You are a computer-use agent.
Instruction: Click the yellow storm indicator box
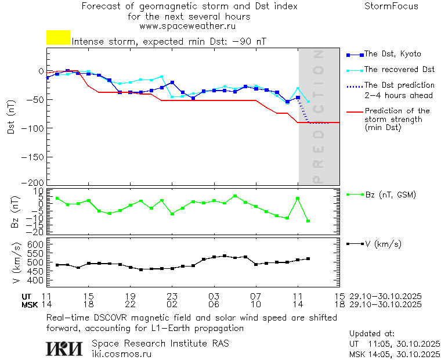click(x=58, y=38)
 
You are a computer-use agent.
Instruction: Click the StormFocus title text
click(x=391, y=6)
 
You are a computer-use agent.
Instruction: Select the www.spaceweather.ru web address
click(x=187, y=26)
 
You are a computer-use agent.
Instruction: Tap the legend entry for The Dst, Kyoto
click(x=392, y=54)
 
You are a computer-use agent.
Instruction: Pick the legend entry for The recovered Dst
click(x=399, y=70)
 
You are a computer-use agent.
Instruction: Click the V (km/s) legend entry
click(x=383, y=244)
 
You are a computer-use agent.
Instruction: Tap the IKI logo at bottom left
click(x=64, y=348)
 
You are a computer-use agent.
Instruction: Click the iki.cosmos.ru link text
click(x=121, y=353)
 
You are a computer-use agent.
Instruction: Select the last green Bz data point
click(x=308, y=221)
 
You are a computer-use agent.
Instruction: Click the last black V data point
click(x=308, y=258)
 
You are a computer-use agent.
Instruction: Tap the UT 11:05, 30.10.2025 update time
click(x=395, y=343)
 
